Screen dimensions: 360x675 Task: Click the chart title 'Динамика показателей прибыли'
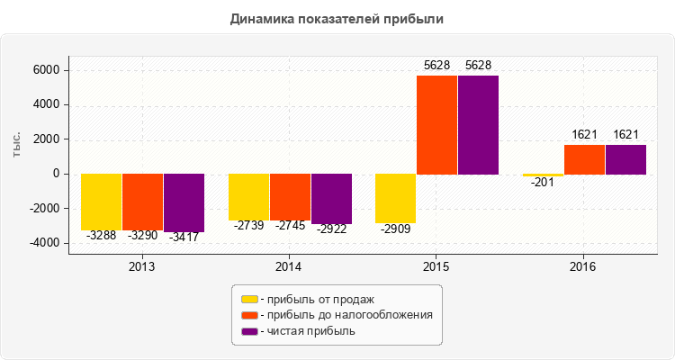coord(337,18)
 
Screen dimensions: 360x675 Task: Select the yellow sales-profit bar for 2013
coord(102,202)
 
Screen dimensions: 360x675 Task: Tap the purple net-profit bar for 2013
coord(184,202)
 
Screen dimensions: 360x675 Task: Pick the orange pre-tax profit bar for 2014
coord(290,197)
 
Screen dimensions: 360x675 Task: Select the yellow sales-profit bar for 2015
coord(395,198)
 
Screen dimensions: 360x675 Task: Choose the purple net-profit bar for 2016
coord(625,159)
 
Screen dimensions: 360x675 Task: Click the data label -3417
coord(184,237)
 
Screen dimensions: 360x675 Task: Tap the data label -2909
coord(395,229)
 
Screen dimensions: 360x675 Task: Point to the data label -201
coord(543,182)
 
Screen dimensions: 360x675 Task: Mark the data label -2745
coord(290,226)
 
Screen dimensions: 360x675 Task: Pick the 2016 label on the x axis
coord(583,267)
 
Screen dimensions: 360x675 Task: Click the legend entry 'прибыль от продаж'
coord(315,299)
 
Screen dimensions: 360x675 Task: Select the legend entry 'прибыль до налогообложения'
coord(346,315)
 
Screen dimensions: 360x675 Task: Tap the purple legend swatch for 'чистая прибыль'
coord(249,331)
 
